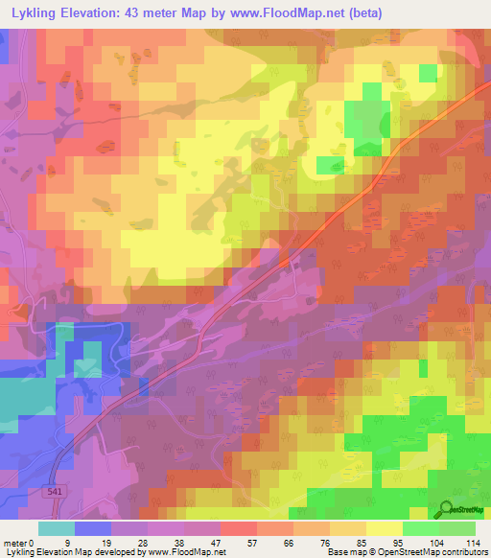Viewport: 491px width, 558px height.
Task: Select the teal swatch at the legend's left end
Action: click(57, 527)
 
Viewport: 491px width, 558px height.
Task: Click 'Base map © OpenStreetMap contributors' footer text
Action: click(404, 552)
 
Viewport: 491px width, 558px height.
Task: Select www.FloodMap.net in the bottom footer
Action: click(186, 552)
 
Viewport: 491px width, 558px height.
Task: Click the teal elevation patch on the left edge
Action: click(19, 403)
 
